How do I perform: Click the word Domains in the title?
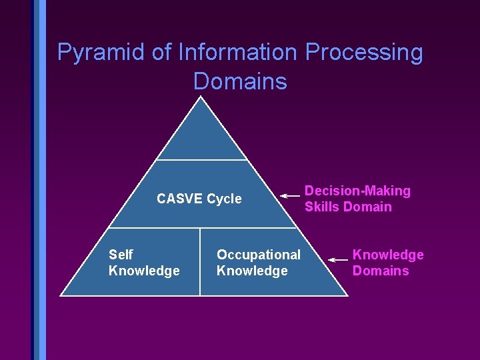(x=240, y=81)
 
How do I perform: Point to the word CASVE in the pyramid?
(x=179, y=199)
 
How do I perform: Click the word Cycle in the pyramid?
(x=224, y=199)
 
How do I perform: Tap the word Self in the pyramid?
(x=121, y=255)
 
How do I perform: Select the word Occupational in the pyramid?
(x=259, y=255)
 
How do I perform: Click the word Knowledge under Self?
(x=144, y=271)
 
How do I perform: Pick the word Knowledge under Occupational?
(x=252, y=271)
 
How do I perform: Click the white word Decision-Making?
(x=357, y=191)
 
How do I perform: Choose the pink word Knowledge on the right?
(x=388, y=255)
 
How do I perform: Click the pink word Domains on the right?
(x=381, y=271)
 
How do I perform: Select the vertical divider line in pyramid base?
(x=200, y=261)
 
